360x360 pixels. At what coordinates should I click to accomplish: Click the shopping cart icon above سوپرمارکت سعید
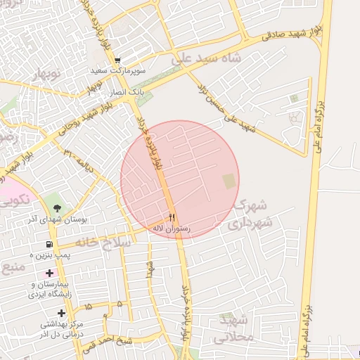117,60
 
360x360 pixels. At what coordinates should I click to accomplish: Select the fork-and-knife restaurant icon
172,217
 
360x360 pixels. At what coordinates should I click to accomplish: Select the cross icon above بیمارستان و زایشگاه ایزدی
49,272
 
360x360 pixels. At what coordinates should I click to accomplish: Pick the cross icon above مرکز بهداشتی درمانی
62,312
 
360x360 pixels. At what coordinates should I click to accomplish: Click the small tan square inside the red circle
229,181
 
